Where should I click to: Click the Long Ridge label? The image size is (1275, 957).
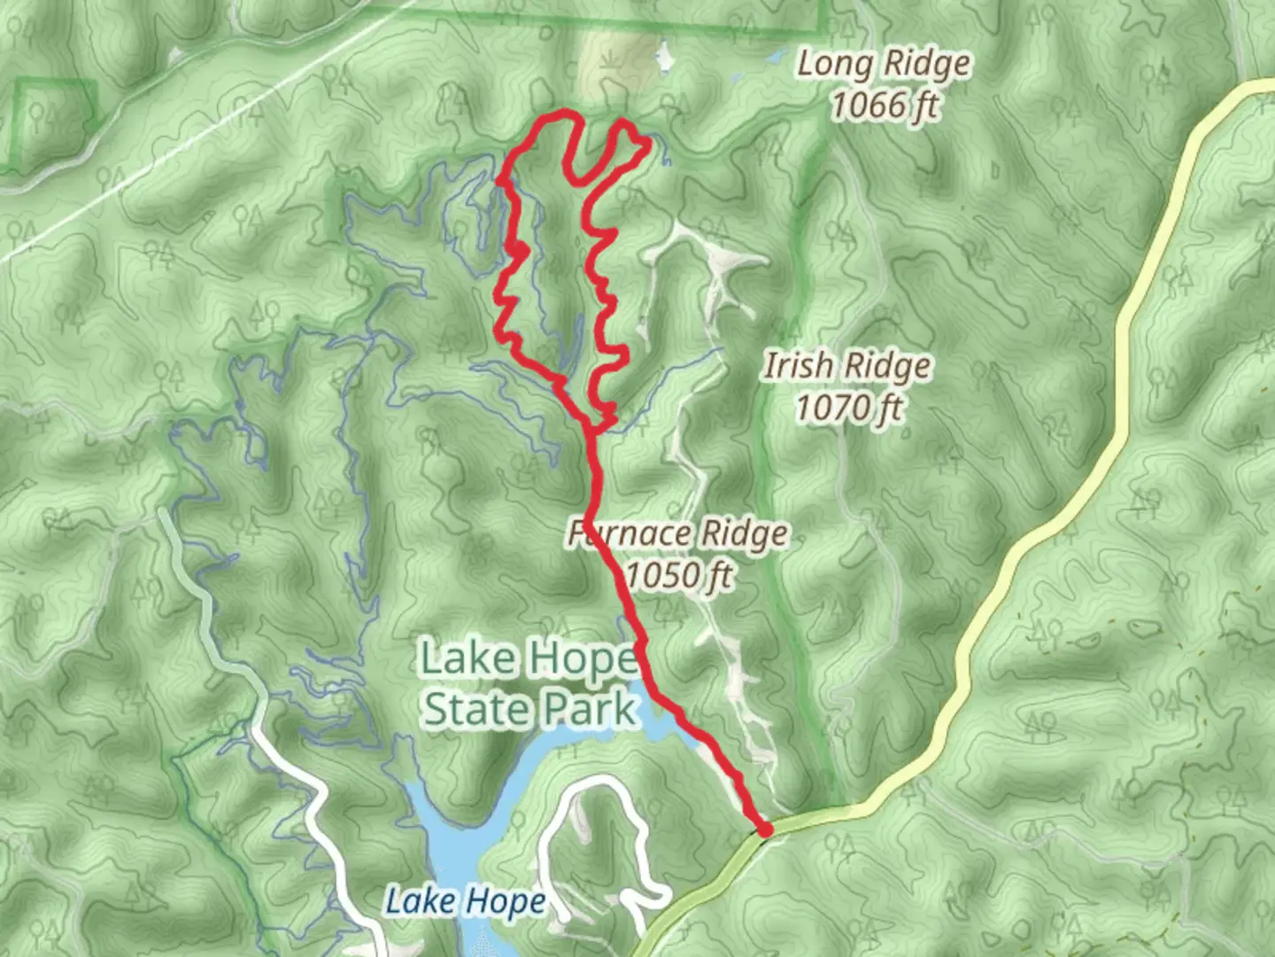883,66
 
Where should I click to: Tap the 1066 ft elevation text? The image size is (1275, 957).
883,106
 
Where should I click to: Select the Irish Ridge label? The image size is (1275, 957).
847,366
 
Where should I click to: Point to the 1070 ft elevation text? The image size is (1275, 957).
848,408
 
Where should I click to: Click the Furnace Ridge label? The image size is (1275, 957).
677,533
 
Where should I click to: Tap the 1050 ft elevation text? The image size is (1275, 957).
678,576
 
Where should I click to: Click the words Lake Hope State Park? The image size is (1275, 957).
529,683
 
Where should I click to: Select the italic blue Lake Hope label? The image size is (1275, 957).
466,902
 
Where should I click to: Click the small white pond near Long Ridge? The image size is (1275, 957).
663,60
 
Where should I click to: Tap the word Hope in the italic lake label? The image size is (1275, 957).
506,902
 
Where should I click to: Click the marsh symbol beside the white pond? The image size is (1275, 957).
610,61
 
